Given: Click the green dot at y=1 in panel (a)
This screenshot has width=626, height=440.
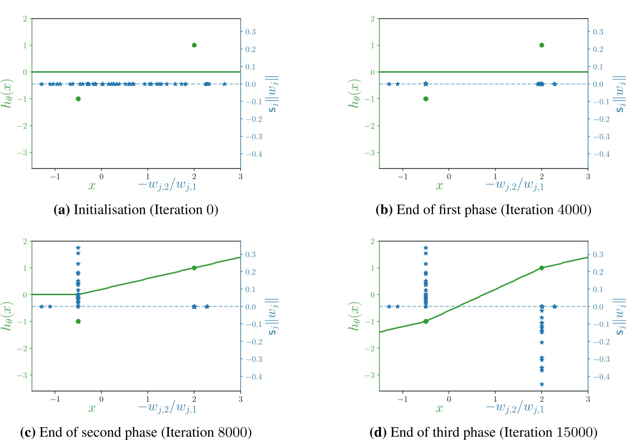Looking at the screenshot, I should click(194, 45).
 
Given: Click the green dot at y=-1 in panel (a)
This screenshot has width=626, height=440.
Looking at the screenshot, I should click(78, 99).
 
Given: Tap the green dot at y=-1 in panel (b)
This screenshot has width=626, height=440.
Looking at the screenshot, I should click(426, 99).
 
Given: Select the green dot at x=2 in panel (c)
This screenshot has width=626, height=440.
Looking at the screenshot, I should click(194, 268).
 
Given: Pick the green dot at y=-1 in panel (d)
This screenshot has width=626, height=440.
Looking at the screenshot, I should click(426, 321).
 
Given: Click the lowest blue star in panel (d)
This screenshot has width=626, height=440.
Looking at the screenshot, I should click(541, 384).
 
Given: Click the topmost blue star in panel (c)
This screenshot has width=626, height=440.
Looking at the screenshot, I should click(78, 248).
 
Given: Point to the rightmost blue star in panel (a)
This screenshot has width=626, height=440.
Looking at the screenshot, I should click(224, 84).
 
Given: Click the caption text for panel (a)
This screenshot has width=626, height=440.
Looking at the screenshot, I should click(136, 210).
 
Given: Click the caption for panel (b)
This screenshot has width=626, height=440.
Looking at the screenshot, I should click(484, 210).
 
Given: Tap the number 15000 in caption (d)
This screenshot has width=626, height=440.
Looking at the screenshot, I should click(575, 433).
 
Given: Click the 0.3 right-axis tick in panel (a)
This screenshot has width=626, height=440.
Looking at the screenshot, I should click(250, 32).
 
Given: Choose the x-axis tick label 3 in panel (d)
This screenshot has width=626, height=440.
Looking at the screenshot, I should click(588, 399).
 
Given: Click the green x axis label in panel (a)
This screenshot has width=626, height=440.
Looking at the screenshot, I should click(92, 185).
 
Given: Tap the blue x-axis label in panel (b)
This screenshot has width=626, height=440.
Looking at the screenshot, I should click(515, 185).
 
